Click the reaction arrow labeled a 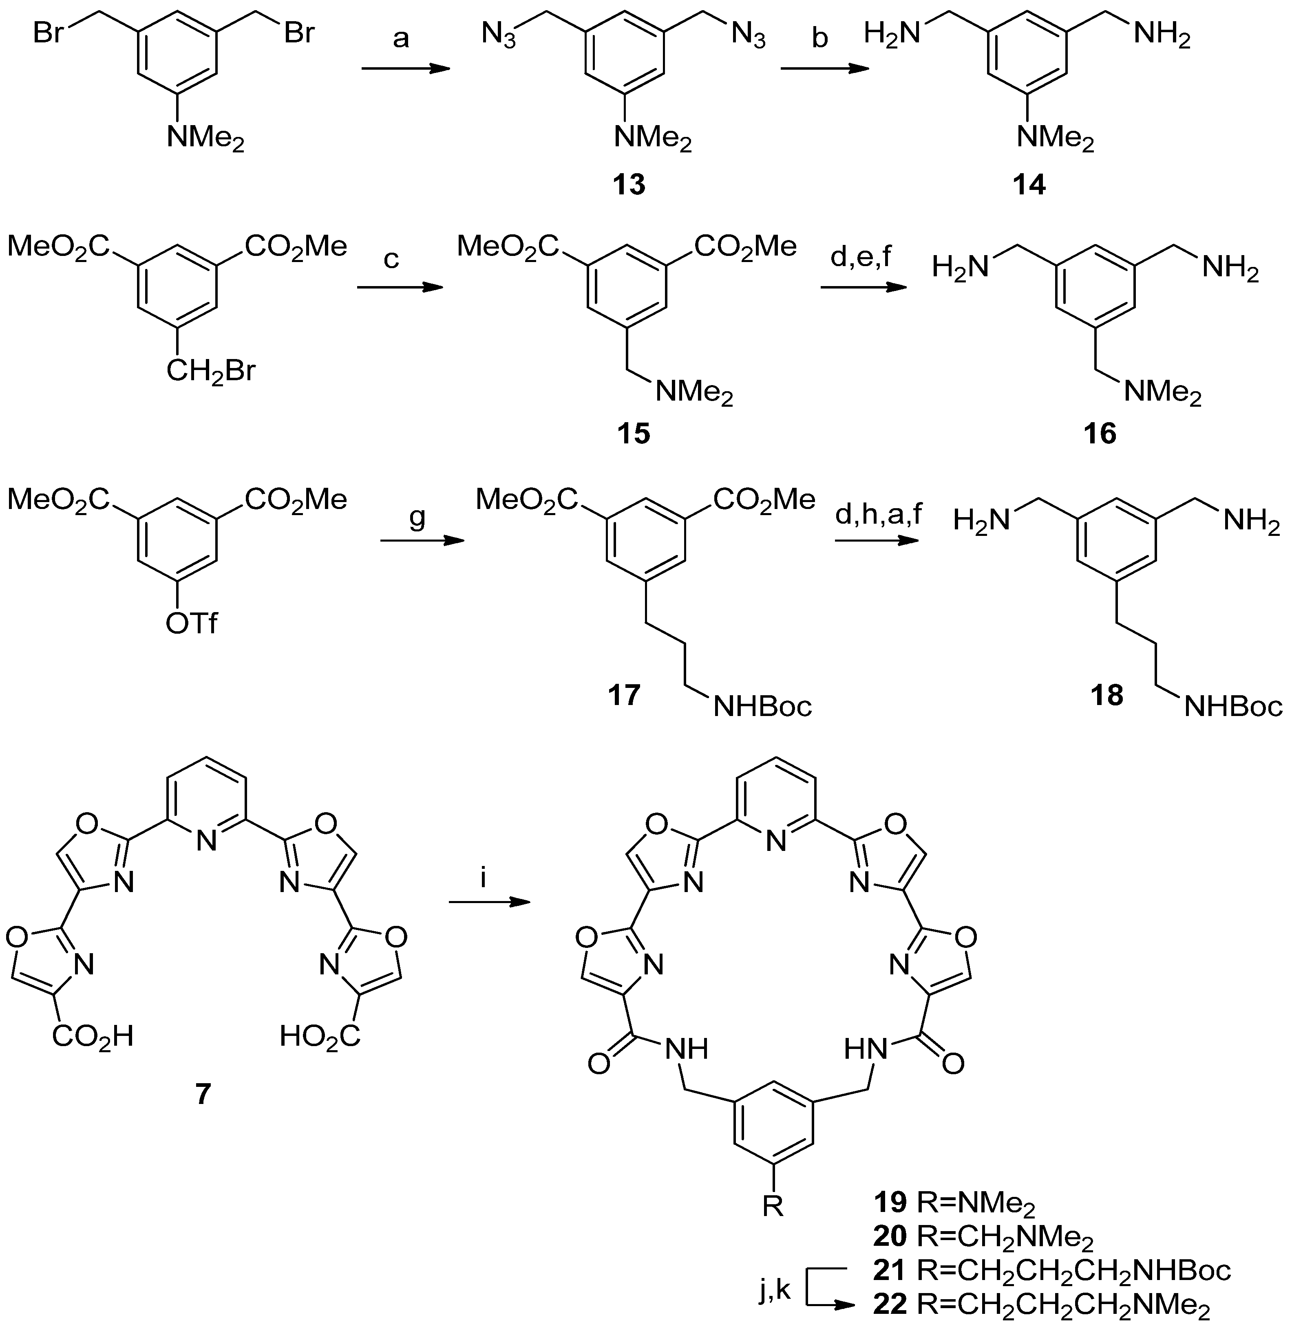(406, 68)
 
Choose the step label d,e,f (864, 259)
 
